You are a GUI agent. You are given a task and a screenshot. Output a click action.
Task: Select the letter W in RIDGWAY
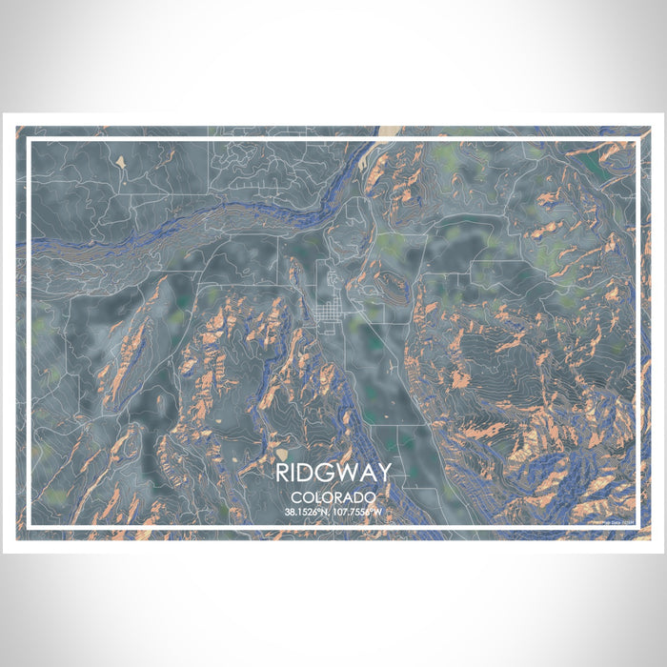tap(344, 473)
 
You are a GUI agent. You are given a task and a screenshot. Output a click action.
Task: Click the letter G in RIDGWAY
tap(324, 473)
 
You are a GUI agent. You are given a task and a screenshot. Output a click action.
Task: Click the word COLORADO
tap(333, 497)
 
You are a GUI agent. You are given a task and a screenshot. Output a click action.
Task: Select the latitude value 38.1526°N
tap(307, 512)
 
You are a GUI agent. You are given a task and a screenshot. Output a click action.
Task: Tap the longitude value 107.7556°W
tap(357, 512)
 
